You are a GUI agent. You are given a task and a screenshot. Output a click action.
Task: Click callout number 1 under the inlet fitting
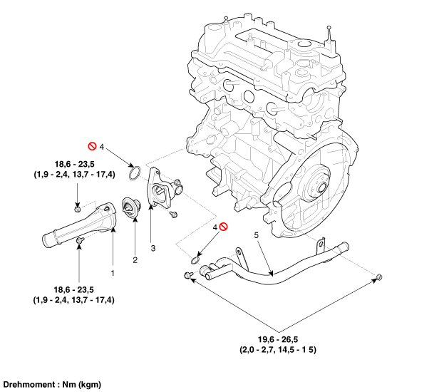[x=111, y=272]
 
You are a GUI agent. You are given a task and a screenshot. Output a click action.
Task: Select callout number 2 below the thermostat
[x=134, y=259]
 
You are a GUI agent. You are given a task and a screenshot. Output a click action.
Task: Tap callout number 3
[x=151, y=247]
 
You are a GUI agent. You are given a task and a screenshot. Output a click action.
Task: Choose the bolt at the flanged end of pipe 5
[x=188, y=274]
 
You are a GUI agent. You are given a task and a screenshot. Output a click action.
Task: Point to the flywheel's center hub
[x=315, y=190]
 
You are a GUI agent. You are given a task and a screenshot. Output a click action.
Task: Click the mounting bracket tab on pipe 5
[x=239, y=252]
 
